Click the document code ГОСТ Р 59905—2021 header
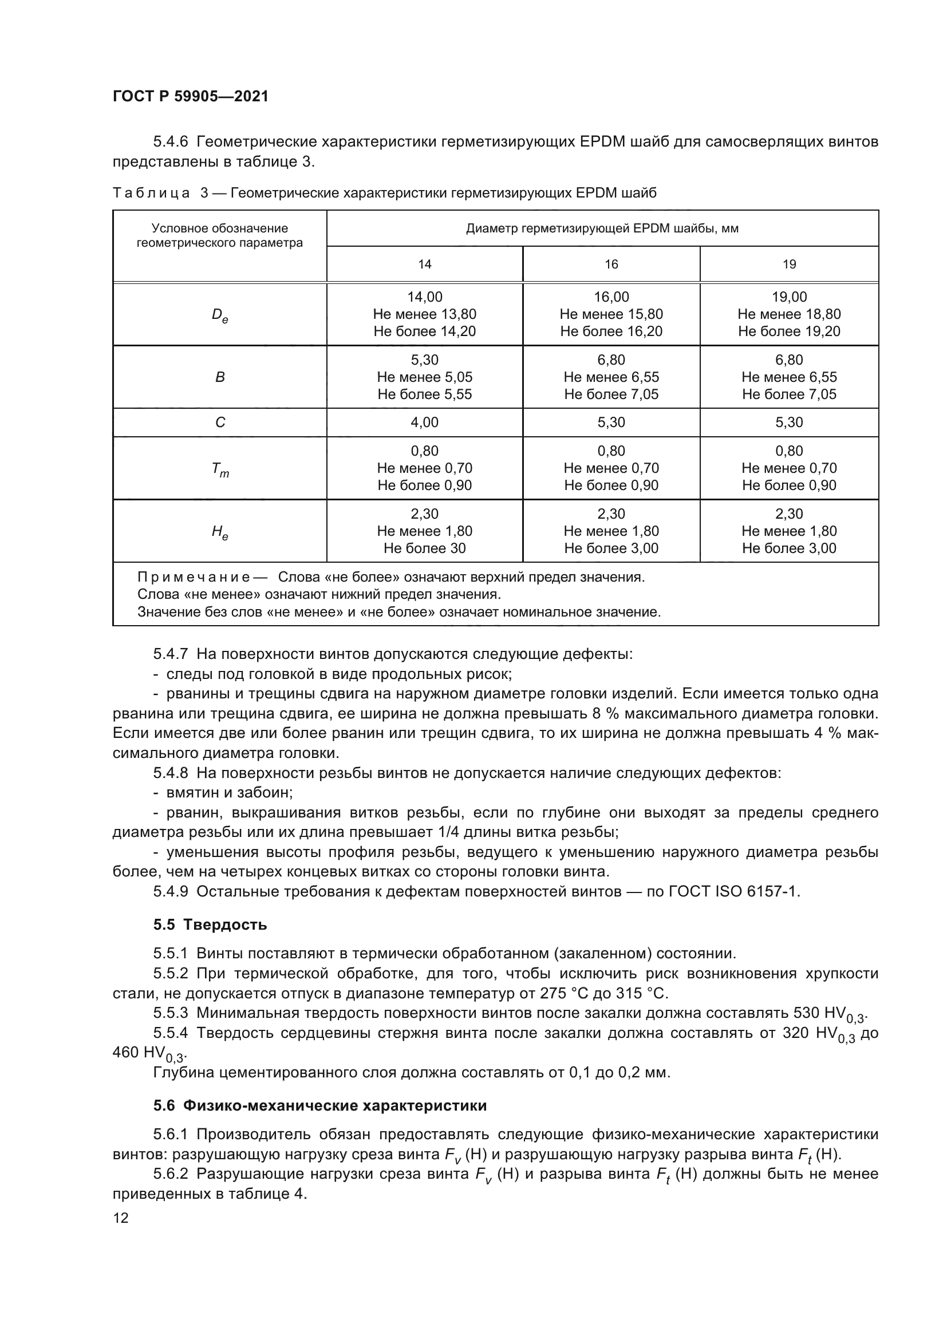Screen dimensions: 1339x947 click(191, 96)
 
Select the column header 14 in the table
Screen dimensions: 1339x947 click(424, 264)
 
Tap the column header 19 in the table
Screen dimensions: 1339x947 click(789, 264)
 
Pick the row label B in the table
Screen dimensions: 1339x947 click(220, 377)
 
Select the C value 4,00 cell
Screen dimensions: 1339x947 click(424, 422)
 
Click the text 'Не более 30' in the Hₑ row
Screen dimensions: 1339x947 click(424, 548)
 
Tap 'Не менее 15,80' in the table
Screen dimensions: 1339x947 click(611, 314)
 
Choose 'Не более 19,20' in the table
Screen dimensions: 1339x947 click(789, 331)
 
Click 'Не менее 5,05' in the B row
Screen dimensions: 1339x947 click(424, 377)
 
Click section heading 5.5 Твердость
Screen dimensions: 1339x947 click(210, 925)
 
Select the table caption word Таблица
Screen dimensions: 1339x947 click(152, 193)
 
